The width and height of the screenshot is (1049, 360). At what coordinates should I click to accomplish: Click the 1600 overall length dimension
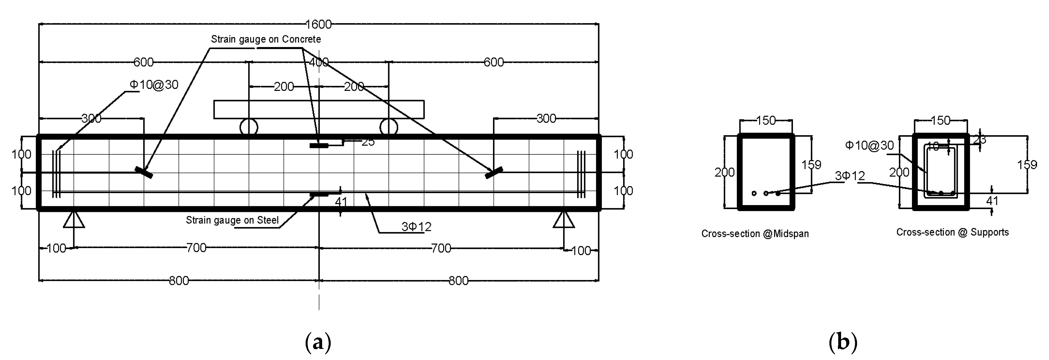(x=318, y=24)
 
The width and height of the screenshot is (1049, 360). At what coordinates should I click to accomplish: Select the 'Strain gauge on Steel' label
(x=232, y=220)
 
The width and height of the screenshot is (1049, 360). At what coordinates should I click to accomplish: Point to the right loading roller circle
(x=389, y=127)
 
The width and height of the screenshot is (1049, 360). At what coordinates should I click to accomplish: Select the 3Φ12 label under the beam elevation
(x=416, y=227)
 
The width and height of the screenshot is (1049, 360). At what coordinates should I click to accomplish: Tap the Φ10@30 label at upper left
(x=154, y=85)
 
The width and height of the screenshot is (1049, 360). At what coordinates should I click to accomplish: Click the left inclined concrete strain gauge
(x=144, y=172)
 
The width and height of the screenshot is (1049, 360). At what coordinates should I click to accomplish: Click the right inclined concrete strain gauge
(x=494, y=172)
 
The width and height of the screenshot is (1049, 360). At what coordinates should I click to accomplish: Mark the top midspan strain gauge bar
(x=319, y=145)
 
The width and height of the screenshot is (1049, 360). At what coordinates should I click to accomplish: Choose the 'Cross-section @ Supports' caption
(x=952, y=232)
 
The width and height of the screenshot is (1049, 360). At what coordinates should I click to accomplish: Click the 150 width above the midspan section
(x=766, y=120)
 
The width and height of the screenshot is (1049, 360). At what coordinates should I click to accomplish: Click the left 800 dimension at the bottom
(x=179, y=281)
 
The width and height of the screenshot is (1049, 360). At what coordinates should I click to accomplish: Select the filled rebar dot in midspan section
(x=778, y=193)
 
